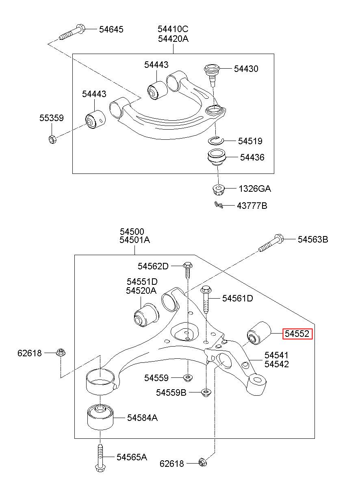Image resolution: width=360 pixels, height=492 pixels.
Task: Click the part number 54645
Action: pos(111,29)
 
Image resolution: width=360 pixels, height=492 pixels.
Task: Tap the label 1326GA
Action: pos(255,189)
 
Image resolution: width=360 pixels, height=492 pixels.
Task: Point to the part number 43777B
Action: pos(252,206)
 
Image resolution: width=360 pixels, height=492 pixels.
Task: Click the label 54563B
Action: pos(313,239)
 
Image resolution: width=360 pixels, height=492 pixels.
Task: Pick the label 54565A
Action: pos(132,457)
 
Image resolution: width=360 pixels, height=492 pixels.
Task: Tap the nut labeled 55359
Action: pos(52,139)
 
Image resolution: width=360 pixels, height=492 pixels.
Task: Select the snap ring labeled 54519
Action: pos(216,141)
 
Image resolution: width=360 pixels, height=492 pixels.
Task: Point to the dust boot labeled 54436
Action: pos(217,158)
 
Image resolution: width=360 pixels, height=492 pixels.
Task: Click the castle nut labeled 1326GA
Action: pos(218,190)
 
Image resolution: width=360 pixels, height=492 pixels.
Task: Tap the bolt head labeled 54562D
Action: pos(187,265)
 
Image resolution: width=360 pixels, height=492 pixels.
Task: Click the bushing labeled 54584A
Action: pos(100,416)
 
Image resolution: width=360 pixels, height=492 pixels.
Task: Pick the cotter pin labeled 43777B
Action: pos(219,205)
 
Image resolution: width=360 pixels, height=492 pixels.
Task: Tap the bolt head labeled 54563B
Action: pos(279,238)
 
